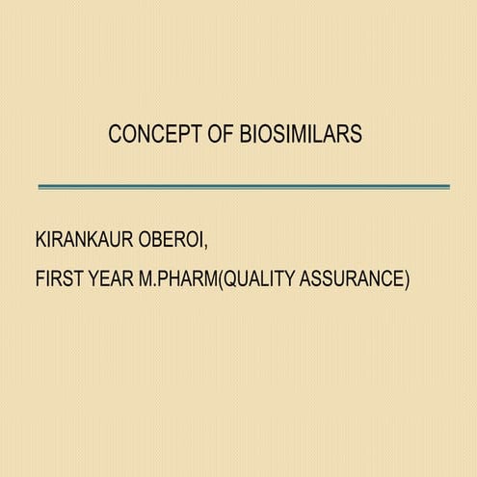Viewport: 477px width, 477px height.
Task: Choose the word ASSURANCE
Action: pos(354,279)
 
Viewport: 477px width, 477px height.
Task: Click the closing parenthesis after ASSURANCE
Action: pos(407,279)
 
